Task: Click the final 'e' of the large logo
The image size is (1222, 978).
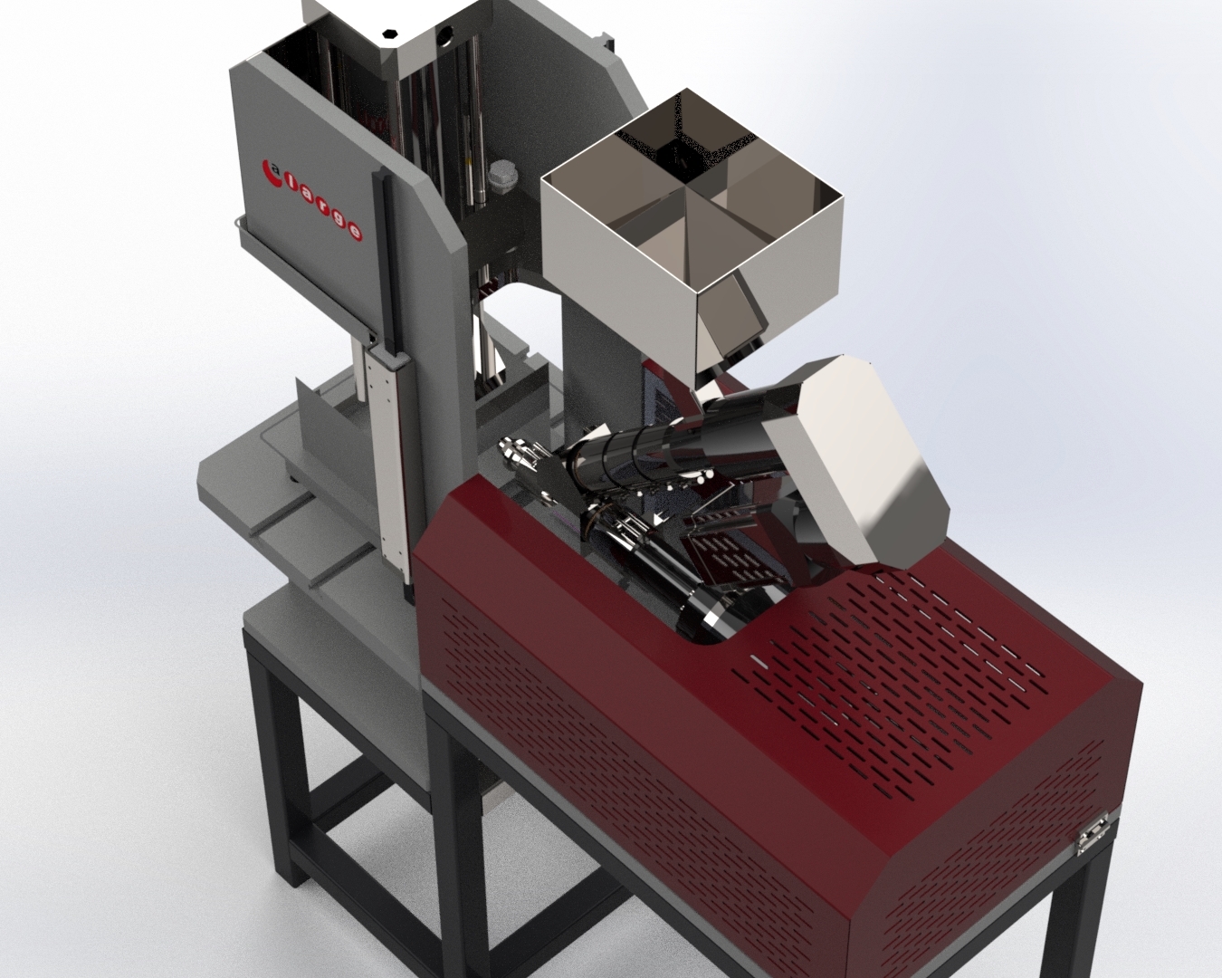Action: pyautogui.click(x=355, y=231)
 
